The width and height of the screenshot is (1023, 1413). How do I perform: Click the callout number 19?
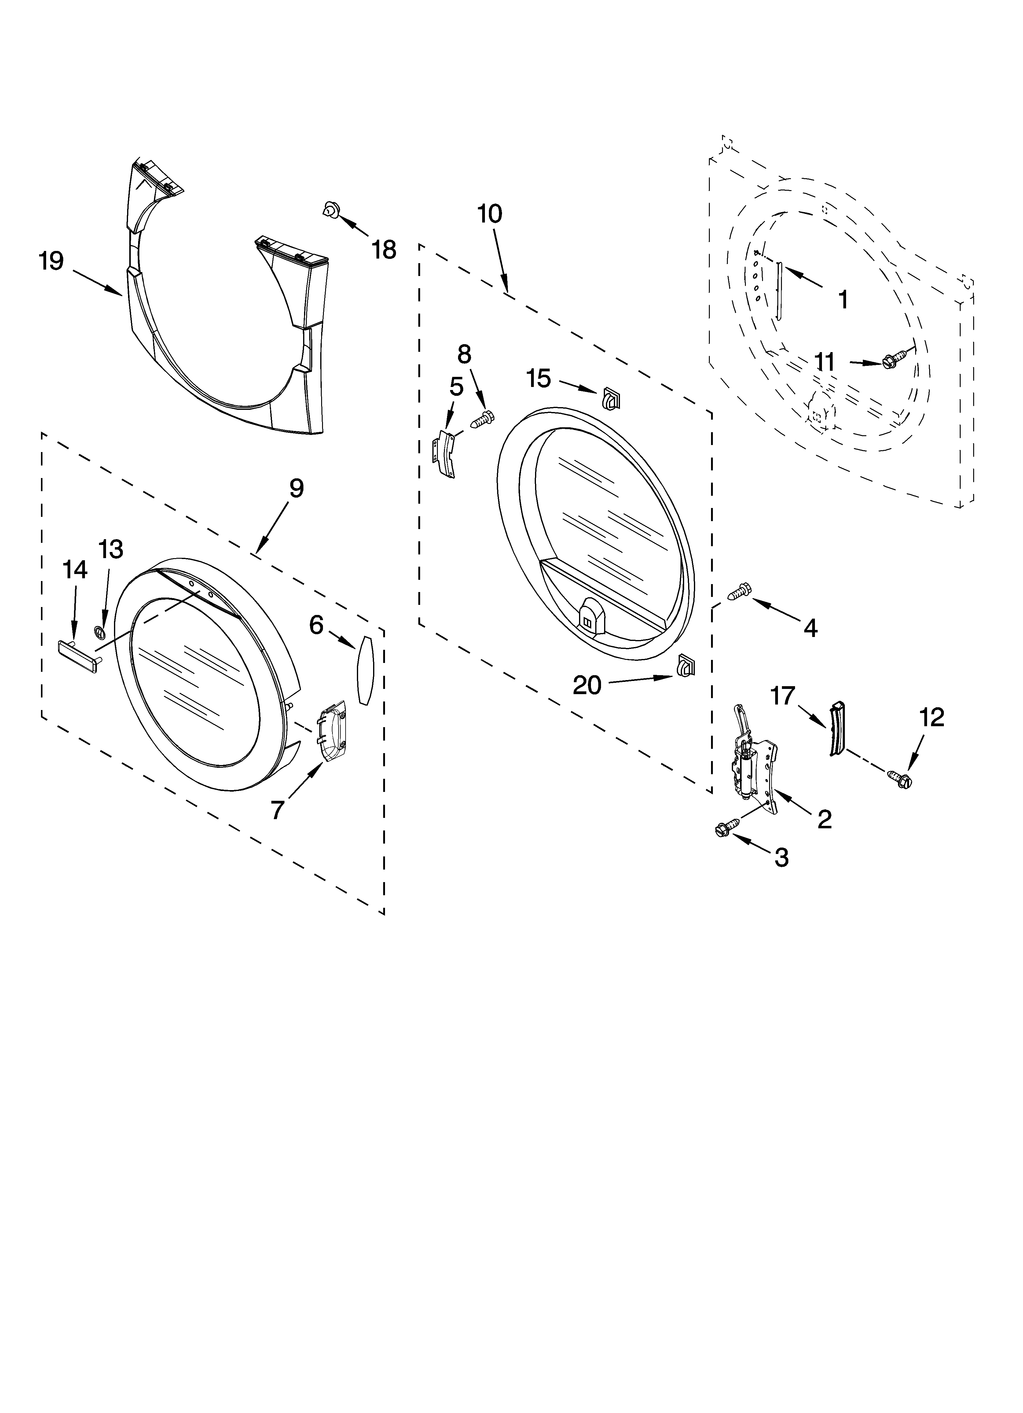coord(51,261)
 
